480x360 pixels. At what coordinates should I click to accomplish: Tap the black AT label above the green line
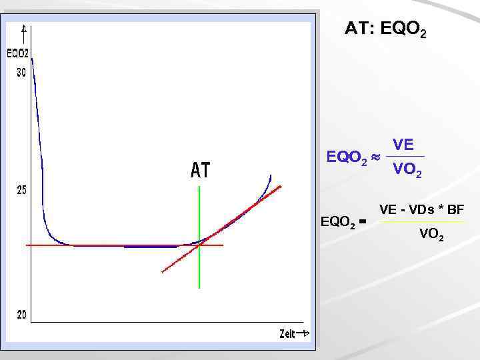click(x=200, y=171)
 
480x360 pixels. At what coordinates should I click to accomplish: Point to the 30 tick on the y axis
click(x=21, y=73)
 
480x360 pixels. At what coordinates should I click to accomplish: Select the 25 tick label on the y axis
click(x=21, y=191)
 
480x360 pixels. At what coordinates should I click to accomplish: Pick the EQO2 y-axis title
click(x=17, y=53)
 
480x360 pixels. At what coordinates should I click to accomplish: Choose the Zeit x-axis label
click(x=287, y=334)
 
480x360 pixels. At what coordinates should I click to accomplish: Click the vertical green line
click(x=199, y=273)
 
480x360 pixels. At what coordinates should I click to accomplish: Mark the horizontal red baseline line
click(x=100, y=245)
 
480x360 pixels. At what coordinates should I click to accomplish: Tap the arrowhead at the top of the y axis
click(x=25, y=29)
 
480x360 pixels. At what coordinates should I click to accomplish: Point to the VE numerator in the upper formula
click(x=403, y=145)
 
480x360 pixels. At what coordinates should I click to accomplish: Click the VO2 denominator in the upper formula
click(x=406, y=170)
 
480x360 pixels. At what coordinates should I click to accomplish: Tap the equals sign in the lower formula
click(x=362, y=222)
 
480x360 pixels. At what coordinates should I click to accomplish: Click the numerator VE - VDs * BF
click(x=421, y=211)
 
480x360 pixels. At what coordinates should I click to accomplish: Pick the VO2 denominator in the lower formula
click(x=431, y=234)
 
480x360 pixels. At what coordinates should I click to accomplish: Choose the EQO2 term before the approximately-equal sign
click(x=346, y=159)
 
